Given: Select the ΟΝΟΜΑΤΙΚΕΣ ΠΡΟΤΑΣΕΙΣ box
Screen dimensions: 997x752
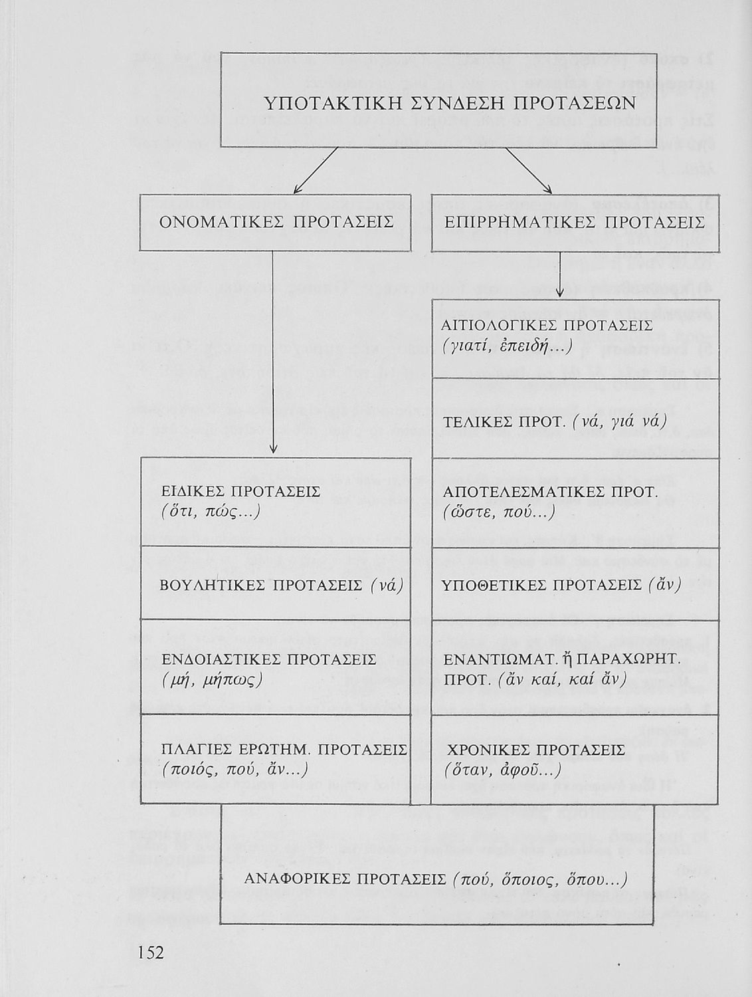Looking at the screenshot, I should coord(275,222).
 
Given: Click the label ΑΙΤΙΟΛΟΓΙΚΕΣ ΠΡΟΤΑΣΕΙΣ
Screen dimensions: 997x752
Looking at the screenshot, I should coord(547,326).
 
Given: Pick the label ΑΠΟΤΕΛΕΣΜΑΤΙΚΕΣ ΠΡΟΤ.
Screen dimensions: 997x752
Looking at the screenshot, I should coord(549,493).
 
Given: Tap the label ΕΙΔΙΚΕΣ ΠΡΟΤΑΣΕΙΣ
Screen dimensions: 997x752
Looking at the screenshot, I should coord(242,491).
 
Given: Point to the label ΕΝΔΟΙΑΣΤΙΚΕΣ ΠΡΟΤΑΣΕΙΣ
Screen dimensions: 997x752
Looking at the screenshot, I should coord(269,659).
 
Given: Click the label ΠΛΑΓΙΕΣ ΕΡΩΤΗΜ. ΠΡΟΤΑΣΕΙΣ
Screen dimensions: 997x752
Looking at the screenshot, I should coord(284,750).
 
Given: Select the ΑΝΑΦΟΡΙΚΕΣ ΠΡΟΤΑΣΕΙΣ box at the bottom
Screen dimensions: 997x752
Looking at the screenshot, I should coord(436,879).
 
